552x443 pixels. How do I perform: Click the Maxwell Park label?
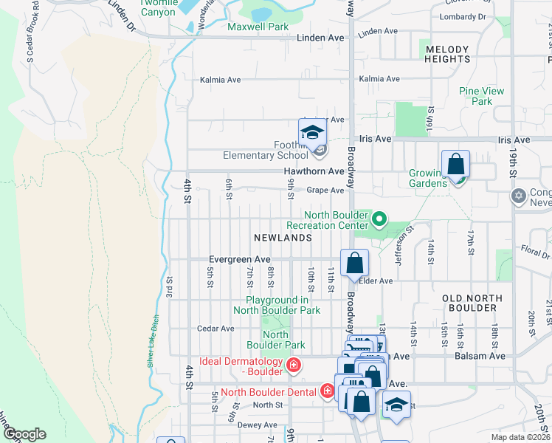258,27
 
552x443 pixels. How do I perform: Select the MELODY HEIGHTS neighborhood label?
447,54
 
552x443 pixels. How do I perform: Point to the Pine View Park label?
481,96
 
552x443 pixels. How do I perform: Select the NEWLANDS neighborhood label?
283,238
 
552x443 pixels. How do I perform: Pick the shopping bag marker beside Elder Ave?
354,263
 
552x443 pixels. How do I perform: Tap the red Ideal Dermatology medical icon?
293,365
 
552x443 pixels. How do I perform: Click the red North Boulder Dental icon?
326,391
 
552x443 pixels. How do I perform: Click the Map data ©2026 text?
520,437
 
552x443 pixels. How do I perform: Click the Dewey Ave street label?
258,425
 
